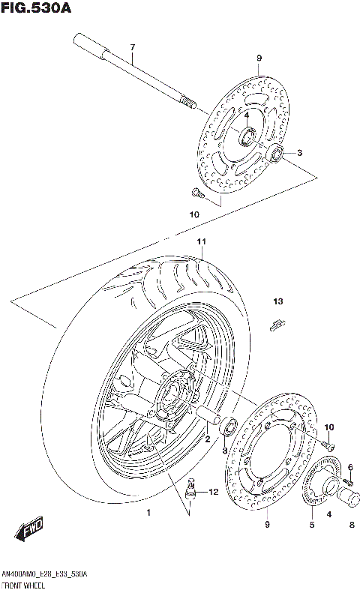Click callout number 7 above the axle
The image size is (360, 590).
pos(132,49)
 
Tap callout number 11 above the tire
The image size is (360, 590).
pos(201,241)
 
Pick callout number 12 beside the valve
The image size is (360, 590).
pos(212,492)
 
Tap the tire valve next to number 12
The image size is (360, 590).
pos(191,490)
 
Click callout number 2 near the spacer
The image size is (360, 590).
pos(208,440)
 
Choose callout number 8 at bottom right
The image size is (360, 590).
pos(352,525)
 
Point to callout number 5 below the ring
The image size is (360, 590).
pos(312,525)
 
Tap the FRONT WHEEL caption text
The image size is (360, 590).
pos(25,583)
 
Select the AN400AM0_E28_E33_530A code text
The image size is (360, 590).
pos(44,574)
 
